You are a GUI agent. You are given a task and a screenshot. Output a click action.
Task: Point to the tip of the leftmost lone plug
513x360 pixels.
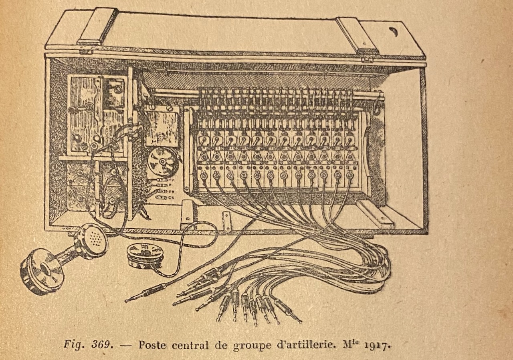click(x=127, y=300)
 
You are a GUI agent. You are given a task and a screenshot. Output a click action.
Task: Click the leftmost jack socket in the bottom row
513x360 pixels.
click(x=202, y=176)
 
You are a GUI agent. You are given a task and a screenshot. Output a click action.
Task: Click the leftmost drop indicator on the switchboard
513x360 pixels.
click(x=203, y=140)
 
